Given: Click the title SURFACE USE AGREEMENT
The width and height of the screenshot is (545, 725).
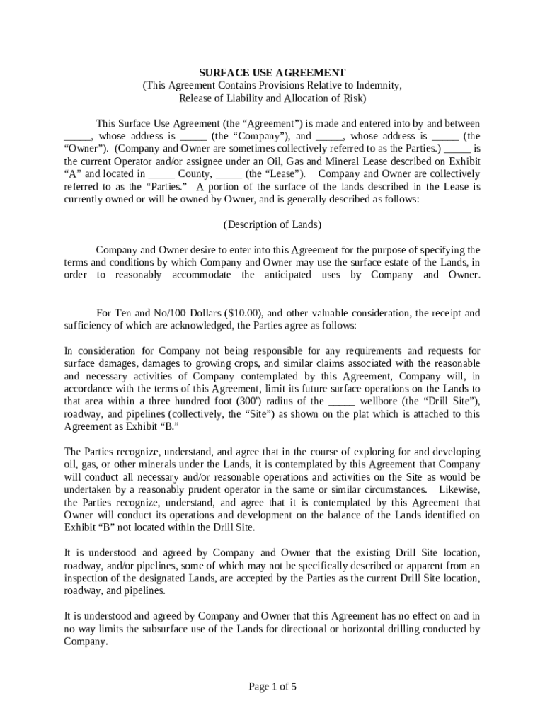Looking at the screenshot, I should [x=272, y=73].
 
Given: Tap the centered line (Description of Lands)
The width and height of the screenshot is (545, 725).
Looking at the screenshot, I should [x=272, y=225].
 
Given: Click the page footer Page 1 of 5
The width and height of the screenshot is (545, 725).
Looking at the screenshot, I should [x=272, y=686].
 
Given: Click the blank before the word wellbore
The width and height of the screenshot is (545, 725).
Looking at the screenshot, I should [x=343, y=401].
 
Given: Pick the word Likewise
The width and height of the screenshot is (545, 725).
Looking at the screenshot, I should [x=459, y=490].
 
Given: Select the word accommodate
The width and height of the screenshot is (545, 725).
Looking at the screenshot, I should [x=201, y=275].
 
